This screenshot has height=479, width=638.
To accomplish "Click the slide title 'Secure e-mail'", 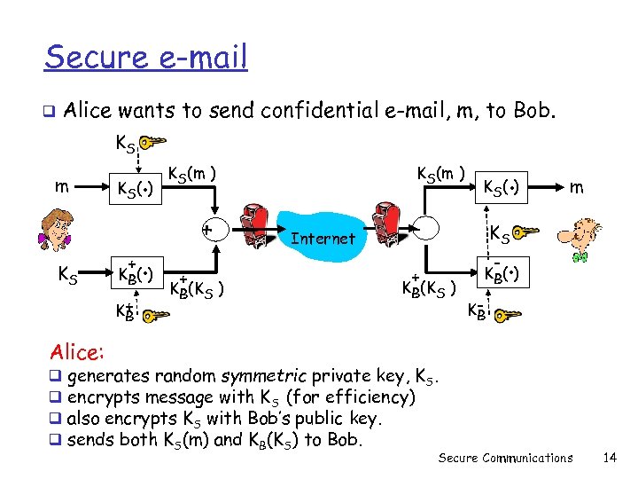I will [x=146, y=58].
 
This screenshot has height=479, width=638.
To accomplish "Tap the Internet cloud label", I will [x=323, y=238].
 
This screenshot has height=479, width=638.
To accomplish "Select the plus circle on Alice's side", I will [x=206, y=229].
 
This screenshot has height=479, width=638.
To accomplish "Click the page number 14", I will [x=608, y=458].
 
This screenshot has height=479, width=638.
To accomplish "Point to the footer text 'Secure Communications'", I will [x=506, y=458].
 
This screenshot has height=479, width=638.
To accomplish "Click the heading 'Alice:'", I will [x=77, y=352].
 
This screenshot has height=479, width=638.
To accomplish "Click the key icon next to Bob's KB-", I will [x=508, y=313].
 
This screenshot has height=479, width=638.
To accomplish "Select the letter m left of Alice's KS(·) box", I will [x=59, y=186].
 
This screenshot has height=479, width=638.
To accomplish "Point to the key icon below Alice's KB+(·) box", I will [x=155, y=314].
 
